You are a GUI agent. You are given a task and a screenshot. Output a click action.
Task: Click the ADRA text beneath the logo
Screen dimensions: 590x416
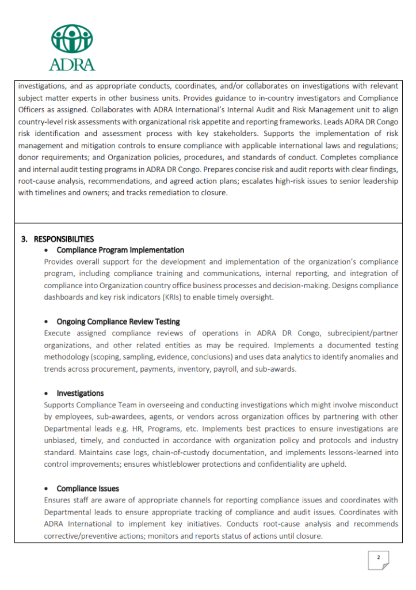pos(72,63)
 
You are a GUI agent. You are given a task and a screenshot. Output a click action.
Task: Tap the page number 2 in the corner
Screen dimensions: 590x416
pos(378,557)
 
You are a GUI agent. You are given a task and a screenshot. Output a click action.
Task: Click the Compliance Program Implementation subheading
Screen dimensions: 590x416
pos(120,250)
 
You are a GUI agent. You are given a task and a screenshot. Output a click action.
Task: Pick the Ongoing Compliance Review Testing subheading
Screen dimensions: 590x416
pos(118,322)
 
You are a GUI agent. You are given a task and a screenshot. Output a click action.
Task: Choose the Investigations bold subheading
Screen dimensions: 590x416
pos(80,393)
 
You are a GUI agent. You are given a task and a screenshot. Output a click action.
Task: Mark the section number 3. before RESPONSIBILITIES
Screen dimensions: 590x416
pos(25,239)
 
